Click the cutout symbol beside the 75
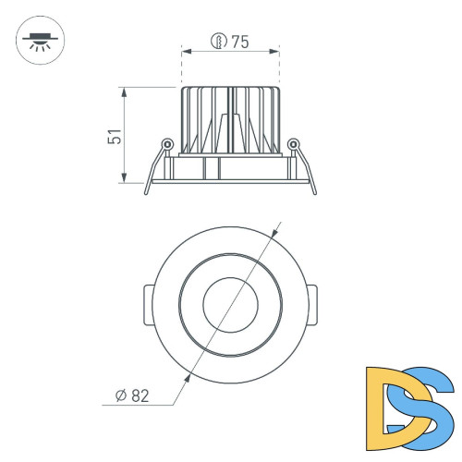coord(219,41)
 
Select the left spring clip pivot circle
coord(166,143)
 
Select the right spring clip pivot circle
coord(294,143)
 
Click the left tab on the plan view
coord(148,302)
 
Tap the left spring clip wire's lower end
coord(147,191)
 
